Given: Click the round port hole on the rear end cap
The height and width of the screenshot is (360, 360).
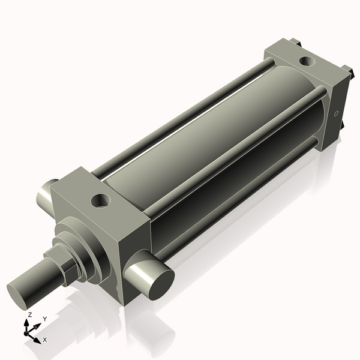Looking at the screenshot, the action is tap(307, 61).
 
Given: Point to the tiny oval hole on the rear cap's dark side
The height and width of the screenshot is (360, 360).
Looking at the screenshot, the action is tap(337, 113).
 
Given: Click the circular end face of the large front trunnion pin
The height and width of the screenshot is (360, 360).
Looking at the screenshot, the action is tap(161, 284).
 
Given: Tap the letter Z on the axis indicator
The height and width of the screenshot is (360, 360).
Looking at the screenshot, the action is tap(29, 315).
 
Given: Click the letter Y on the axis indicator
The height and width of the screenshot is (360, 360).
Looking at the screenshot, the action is tap(45, 319).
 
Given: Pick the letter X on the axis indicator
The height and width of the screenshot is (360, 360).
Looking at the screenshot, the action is tap(45, 340).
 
